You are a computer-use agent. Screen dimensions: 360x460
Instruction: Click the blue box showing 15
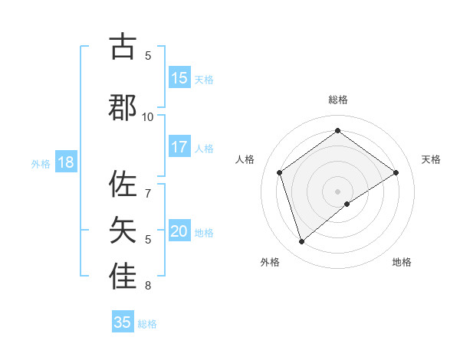(179, 78)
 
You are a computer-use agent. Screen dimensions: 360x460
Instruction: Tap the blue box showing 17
(179, 147)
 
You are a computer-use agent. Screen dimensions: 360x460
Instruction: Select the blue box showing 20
(179, 232)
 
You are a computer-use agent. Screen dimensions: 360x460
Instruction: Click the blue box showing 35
(123, 322)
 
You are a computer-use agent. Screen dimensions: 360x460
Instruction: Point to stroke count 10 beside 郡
(148, 116)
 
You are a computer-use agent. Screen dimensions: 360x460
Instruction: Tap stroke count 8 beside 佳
(148, 286)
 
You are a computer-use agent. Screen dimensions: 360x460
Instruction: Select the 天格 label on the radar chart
(432, 159)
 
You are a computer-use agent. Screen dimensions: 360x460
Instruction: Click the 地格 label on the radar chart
(402, 262)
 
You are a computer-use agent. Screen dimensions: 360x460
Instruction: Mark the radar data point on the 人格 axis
(279, 172)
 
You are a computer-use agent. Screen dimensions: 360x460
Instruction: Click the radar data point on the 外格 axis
(301, 242)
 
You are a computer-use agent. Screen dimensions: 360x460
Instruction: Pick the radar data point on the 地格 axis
(347, 204)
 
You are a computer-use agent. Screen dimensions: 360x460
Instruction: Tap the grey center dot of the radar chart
(337, 191)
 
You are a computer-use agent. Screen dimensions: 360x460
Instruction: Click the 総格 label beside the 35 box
(147, 324)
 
